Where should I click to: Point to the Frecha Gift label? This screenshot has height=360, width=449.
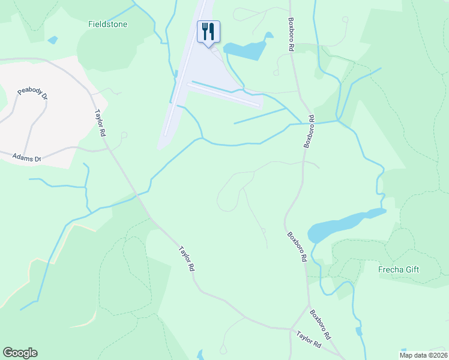[399, 269]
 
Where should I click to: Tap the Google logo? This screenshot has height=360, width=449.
[20, 353]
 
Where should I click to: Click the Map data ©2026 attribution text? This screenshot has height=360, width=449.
[424, 355]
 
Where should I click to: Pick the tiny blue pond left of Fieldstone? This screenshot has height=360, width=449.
[53, 40]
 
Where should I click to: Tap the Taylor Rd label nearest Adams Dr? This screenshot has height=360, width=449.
[100, 122]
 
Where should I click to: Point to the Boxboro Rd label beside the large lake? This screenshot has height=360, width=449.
[297, 247]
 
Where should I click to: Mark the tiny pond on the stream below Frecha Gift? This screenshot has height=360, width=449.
[359, 331]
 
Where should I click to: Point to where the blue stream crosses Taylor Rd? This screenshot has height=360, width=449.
[139, 194]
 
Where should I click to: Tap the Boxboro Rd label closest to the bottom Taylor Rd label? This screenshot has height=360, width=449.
[321, 323]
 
